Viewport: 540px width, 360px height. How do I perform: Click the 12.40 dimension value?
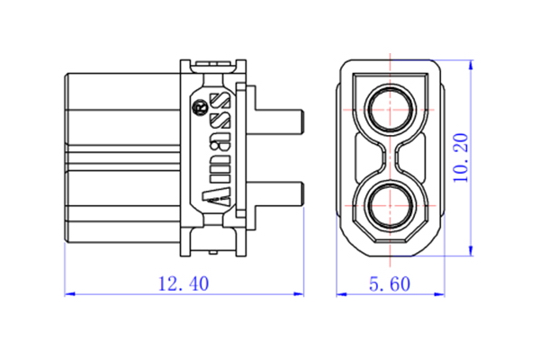184,283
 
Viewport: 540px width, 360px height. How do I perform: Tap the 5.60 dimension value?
390,284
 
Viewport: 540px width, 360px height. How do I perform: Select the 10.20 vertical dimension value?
461,157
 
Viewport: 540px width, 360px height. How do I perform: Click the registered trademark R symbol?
200,107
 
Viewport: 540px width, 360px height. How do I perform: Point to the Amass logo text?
216,149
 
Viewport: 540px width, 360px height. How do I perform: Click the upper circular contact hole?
391,109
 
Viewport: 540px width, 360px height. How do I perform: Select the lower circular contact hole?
391,206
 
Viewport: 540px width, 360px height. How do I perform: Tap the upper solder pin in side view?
279,122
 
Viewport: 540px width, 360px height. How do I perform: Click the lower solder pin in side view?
279,194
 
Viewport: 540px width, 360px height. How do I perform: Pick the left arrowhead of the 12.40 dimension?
69,294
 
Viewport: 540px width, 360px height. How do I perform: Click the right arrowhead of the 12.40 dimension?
299,294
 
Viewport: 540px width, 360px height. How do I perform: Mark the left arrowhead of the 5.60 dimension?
341,294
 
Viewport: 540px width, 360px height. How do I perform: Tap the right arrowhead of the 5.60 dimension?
439,294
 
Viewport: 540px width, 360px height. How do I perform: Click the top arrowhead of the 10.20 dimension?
471,65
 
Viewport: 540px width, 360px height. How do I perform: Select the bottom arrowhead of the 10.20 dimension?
471,251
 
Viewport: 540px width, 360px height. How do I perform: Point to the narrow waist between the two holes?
391,157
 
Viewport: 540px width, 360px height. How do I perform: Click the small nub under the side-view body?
213,253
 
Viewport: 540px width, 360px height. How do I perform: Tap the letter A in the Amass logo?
216,197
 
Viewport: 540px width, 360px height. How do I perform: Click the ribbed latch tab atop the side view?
213,64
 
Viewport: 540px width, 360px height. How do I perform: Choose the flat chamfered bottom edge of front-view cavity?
391,240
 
